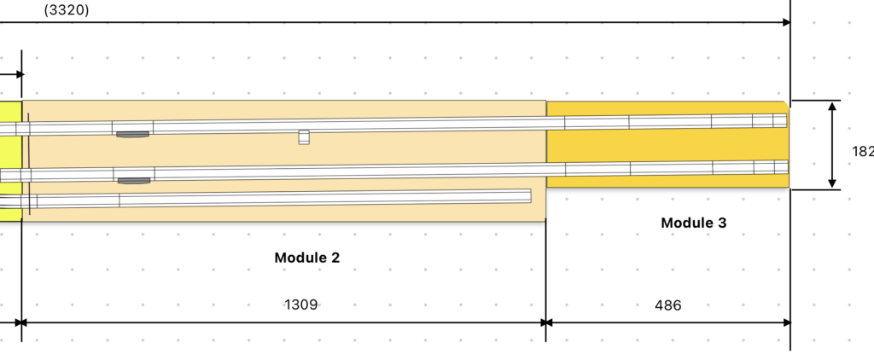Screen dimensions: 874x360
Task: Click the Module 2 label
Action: tap(306, 258)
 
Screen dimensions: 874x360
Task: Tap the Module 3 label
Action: tap(693, 223)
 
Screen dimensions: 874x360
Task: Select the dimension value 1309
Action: tap(301, 305)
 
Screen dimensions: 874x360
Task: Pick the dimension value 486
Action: tap(667, 305)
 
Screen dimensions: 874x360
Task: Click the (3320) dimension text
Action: tap(67, 10)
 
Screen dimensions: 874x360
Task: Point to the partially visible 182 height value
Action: tap(863, 151)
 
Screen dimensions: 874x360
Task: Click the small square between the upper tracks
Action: tap(304, 137)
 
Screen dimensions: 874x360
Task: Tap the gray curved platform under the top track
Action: tap(132, 134)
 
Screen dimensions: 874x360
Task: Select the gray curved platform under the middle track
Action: tap(134, 181)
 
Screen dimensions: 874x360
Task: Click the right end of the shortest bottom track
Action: tap(530, 195)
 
